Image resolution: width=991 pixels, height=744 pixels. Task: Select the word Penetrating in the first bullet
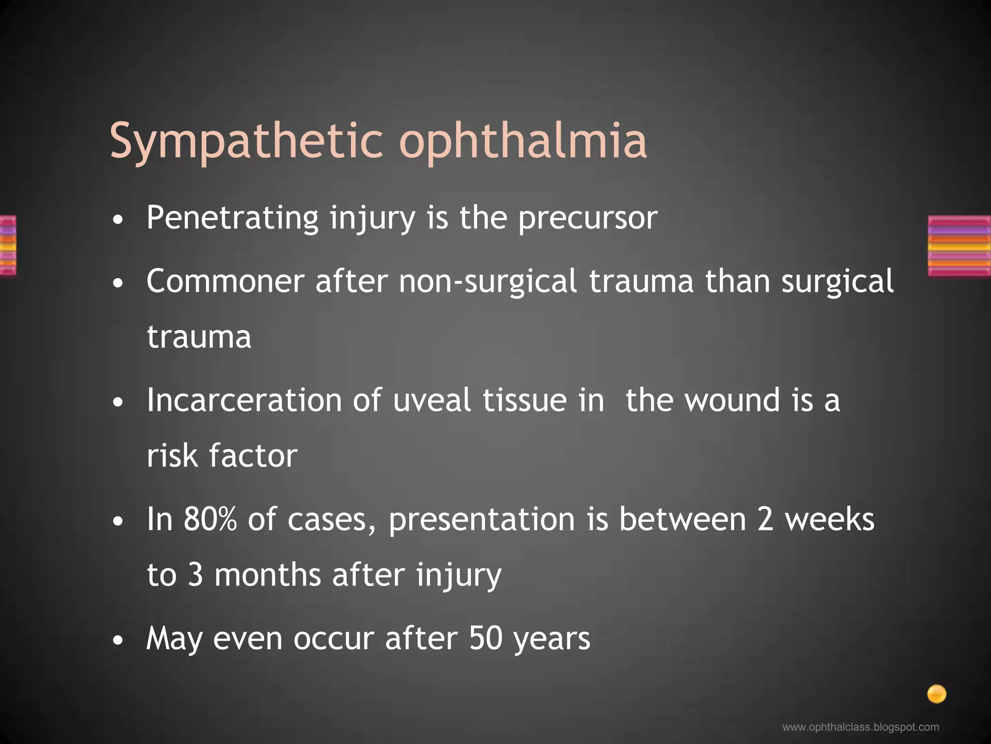coord(232,218)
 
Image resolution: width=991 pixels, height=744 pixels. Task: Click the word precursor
coord(587,219)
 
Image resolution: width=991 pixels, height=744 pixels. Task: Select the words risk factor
coord(222,456)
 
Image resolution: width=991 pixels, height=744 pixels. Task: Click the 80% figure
coord(210,519)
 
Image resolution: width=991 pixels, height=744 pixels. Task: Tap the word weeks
coord(829,519)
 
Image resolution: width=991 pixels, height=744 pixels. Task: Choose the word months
coord(268,575)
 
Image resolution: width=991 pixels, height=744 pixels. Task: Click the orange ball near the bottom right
coord(936,694)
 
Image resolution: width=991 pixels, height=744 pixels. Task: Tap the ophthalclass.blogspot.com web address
coord(860,727)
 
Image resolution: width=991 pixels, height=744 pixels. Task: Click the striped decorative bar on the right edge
coord(959,246)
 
